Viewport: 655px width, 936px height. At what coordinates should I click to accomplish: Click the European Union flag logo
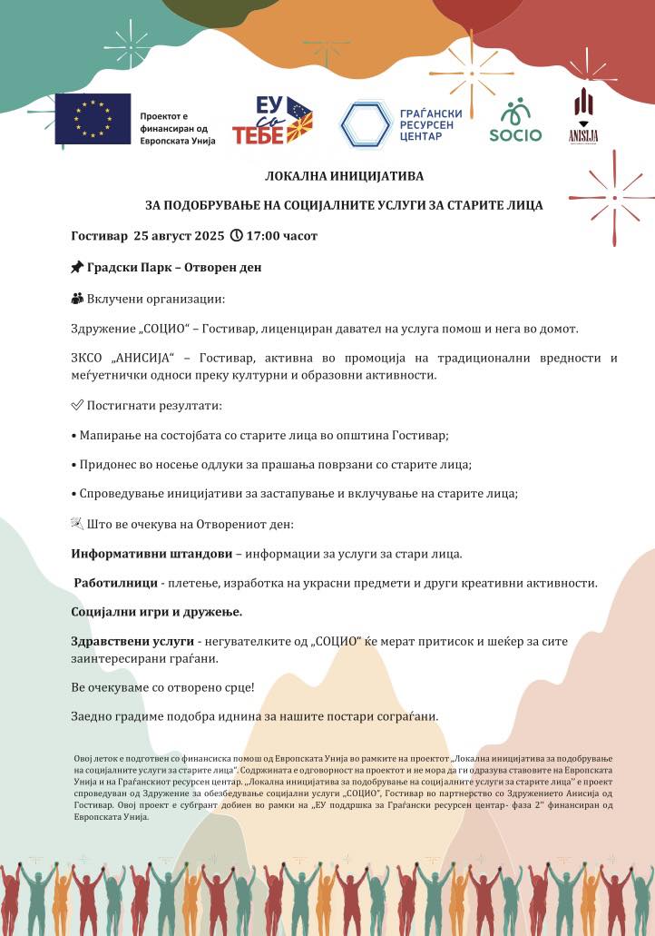(93, 119)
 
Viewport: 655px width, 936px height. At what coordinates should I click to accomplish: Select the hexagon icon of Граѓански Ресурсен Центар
(366, 124)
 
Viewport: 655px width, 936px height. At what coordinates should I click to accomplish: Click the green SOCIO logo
(515, 121)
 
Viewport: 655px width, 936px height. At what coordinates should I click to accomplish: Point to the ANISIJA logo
(583, 115)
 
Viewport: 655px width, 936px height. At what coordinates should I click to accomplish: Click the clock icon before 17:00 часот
(238, 236)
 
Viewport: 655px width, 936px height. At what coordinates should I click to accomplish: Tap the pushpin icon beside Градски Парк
(77, 268)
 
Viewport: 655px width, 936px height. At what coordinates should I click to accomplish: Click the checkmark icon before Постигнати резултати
(77, 405)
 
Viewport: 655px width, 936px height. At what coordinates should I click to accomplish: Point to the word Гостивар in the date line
(99, 236)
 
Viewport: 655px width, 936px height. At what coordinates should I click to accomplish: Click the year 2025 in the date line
(208, 236)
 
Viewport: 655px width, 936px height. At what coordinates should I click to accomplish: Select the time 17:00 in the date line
(265, 236)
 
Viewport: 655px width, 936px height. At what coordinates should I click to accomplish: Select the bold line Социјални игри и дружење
(156, 612)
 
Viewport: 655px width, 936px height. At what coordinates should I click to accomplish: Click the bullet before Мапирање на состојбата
(73, 436)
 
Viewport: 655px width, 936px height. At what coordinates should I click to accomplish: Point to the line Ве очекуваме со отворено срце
(162, 687)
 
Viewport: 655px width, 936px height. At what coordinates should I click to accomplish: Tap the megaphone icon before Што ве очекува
(77, 525)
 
